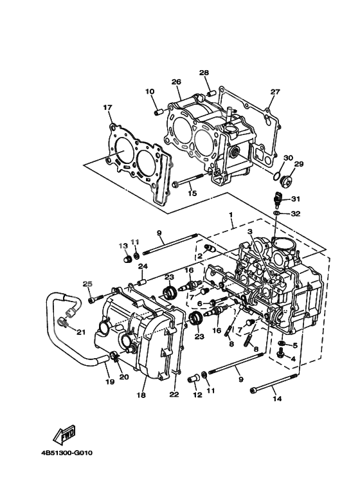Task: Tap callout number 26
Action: pos(175,82)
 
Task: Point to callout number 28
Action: pos(204,73)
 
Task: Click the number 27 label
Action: pos(274,92)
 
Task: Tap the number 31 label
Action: pos(296,199)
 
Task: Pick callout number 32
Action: pos(296,213)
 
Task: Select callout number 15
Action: pos(192,193)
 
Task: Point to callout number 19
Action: pos(109,382)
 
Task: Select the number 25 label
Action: pos(87,284)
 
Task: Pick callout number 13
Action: pos(122,246)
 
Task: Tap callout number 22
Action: pos(173,395)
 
